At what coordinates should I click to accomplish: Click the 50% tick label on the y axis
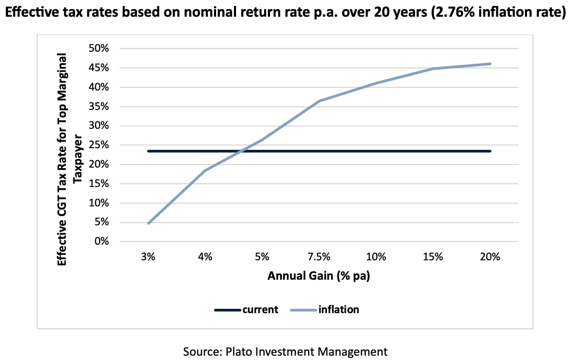point(99,49)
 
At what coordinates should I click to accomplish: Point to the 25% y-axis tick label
point(99,145)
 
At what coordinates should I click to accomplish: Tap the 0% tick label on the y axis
point(101,241)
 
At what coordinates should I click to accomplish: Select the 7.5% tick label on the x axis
point(319,257)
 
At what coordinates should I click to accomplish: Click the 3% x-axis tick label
point(148,257)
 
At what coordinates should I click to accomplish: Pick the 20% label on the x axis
point(490,257)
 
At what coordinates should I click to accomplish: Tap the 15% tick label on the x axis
point(433,257)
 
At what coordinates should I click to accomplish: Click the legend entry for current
point(246,310)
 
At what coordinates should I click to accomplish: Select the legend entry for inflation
point(324,310)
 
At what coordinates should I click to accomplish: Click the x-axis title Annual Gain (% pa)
point(318,276)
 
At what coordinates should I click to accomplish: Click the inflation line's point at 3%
point(148,223)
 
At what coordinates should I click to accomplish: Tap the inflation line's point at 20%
point(490,64)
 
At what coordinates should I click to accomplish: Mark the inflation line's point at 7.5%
point(319,101)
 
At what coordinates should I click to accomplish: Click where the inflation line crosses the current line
point(241,151)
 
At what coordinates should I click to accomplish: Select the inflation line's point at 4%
point(205,170)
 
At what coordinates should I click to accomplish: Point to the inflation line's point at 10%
point(376,83)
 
